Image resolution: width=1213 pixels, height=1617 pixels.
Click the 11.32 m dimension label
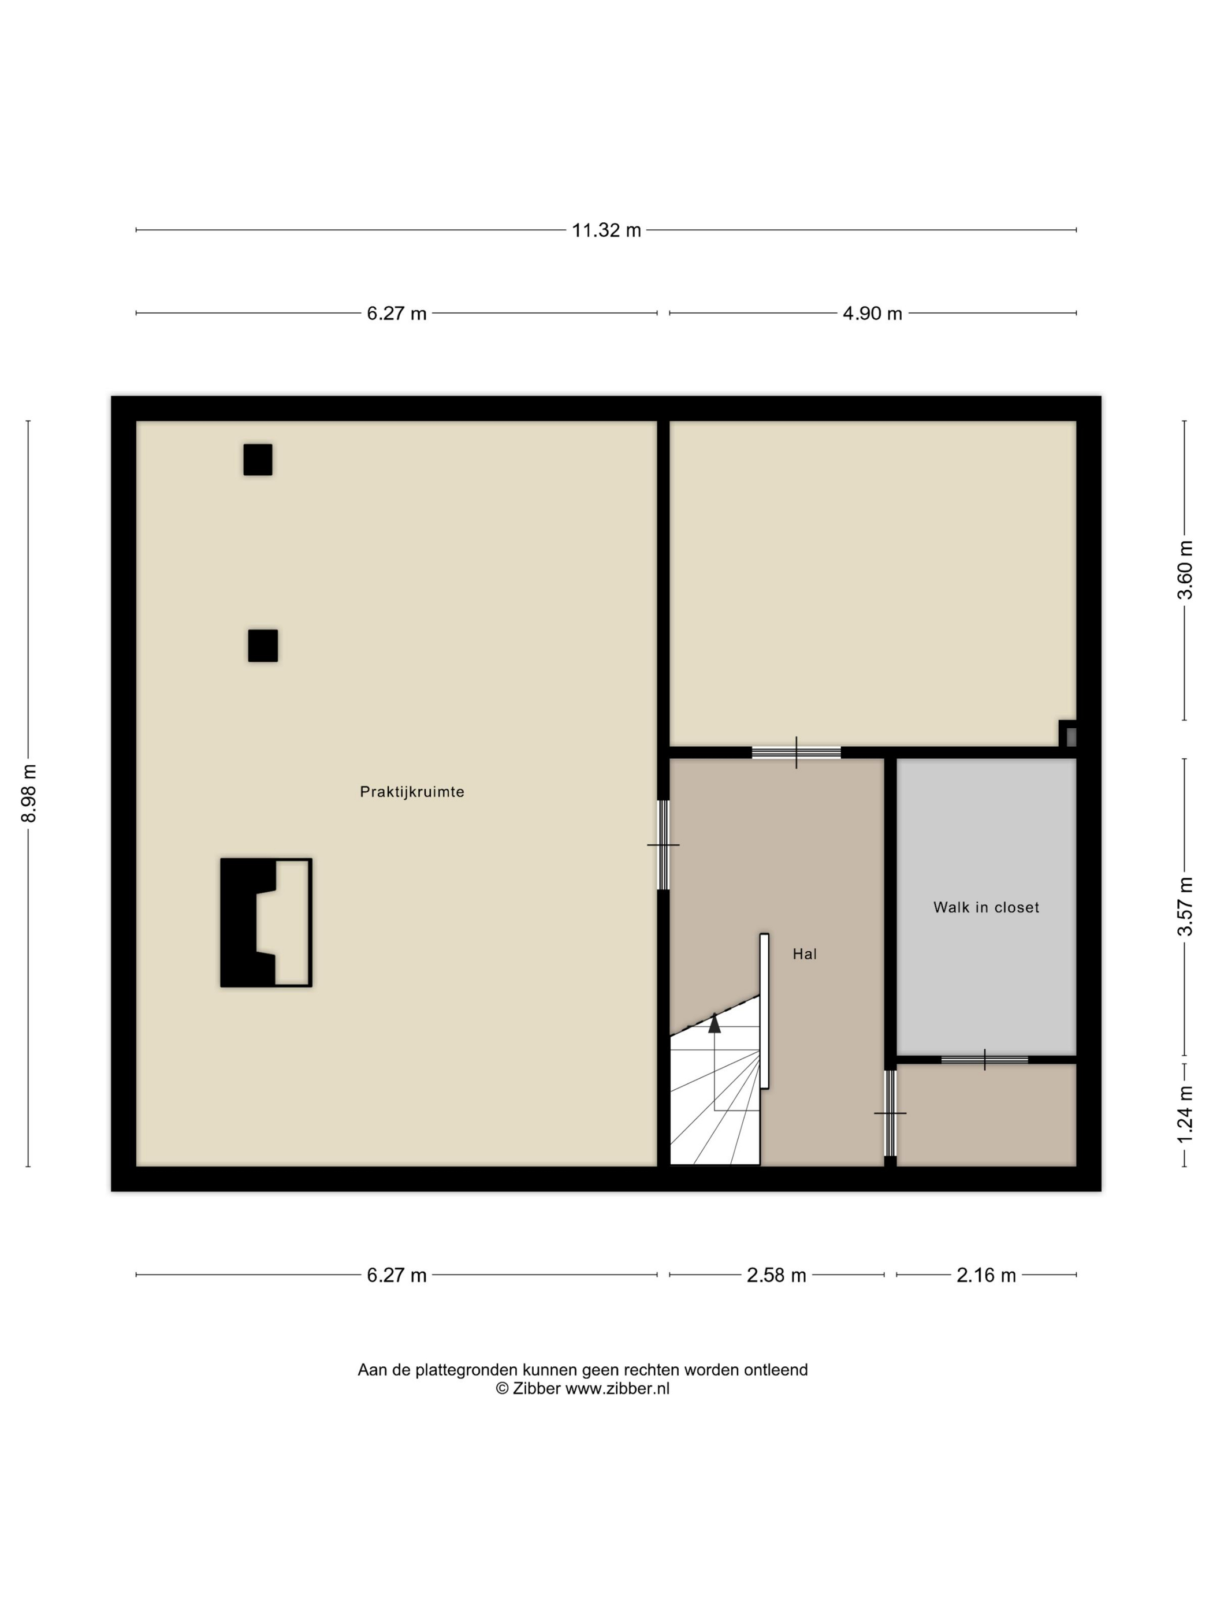point(606,230)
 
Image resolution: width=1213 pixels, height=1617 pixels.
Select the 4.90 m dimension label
point(872,314)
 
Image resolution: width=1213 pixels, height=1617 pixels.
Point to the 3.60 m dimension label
point(1185,569)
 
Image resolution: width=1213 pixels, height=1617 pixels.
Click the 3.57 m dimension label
point(1185,907)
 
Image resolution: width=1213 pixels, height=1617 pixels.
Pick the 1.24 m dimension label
point(1185,1114)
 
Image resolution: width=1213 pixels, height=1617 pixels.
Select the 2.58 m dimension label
point(776,1276)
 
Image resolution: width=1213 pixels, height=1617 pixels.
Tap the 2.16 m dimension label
point(987,1276)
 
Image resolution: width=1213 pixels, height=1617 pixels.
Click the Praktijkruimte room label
point(412,792)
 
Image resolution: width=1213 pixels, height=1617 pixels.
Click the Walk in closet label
point(987,907)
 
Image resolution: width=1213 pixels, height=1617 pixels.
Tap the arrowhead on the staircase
point(715,1023)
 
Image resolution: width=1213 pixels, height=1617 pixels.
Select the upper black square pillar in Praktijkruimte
point(258,460)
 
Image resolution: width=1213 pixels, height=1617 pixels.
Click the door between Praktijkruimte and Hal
point(663,845)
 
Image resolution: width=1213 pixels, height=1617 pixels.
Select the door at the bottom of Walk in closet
point(984,1059)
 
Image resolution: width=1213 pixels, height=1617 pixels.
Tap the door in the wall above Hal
point(796,752)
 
